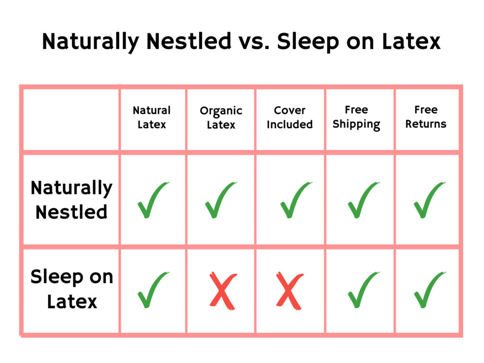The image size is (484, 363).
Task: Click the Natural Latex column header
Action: click(152, 117)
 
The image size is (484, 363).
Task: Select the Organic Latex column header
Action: click(221, 118)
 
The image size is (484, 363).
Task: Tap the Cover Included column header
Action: click(290, 117)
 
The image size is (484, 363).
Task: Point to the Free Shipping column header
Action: click(356, 118)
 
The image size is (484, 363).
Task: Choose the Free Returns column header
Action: click(426, 117)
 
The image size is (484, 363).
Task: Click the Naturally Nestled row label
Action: click(72, 200)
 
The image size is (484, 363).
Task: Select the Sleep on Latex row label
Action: click(72, 289)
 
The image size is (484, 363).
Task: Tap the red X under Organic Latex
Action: click(223, 291)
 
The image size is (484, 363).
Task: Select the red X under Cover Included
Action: click(290, 291)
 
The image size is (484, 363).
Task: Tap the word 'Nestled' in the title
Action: click(189, 41)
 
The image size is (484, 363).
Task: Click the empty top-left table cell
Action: click(71, 120)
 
